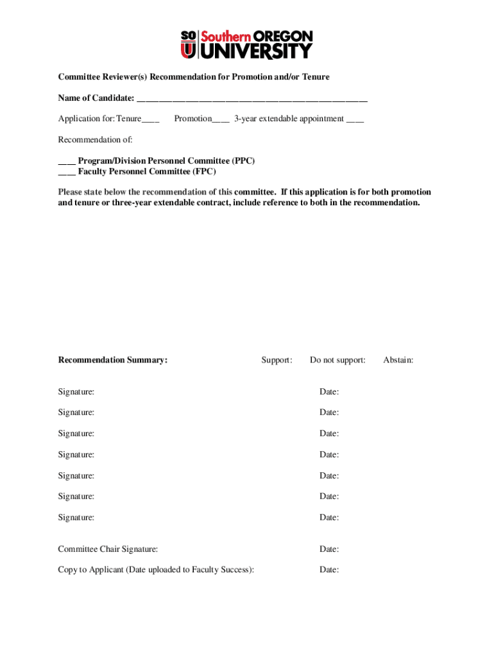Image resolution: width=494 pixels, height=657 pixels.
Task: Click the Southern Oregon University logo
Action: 246,44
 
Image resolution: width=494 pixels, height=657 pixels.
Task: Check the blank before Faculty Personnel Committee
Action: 67,173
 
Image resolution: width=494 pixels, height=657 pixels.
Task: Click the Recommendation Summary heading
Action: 112,360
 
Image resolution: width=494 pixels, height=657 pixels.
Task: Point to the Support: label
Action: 277,360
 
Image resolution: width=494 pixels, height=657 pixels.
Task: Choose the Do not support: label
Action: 337,360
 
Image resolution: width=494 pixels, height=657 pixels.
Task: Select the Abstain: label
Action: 398,360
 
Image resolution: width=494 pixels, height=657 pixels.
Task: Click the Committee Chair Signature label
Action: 108,549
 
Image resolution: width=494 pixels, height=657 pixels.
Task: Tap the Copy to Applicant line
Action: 156,570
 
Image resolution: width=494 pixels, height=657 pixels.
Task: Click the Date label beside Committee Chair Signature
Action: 329,549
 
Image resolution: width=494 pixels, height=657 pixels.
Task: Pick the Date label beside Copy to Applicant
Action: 329,570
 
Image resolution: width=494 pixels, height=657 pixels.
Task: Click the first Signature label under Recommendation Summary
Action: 76,391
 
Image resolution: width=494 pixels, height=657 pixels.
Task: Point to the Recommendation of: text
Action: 95,140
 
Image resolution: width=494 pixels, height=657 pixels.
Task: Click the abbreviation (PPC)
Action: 244,161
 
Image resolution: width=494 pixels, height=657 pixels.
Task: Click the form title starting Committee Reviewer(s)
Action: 194,77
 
